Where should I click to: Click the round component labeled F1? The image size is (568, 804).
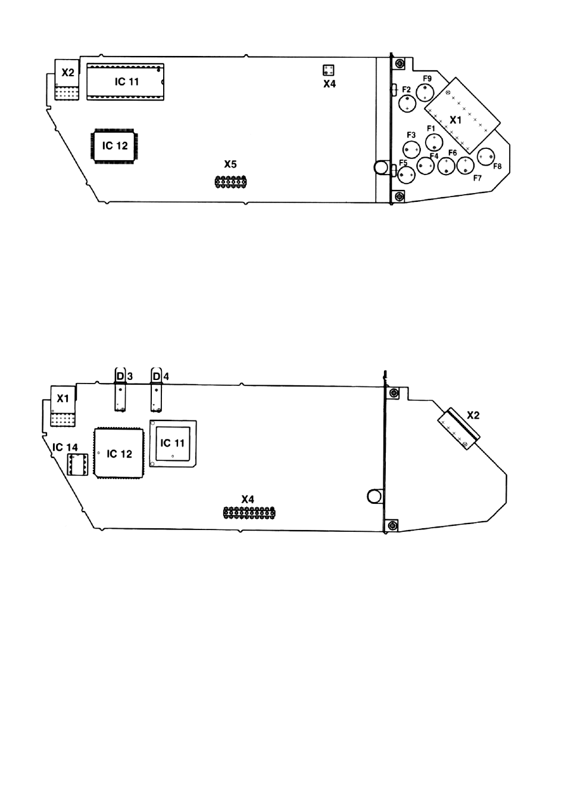[x=434, y=142]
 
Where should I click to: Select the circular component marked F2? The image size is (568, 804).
[x=407, y=104]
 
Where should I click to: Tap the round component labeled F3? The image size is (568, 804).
[x=412, y=149]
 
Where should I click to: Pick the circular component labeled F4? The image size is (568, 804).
[x=426, y=166]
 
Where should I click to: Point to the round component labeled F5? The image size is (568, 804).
[x=406, y=175]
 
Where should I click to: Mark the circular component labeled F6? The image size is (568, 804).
[x=447, y=166]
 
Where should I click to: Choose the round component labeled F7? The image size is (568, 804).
[x=466, y=166]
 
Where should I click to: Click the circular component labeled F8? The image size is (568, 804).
[x=486, y=157]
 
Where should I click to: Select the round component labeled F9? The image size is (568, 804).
[x=425, y=92]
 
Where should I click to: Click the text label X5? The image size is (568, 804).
[x=230, y=164]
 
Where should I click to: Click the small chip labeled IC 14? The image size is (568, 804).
[x=77, y=465]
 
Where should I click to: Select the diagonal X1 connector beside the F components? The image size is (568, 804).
[x=462, y=116]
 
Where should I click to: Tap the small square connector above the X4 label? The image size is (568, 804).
[x=328, y=70]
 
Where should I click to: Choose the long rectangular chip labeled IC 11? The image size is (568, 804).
[x=126, y=82]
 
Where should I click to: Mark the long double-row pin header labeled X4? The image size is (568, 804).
[x=249, y=513]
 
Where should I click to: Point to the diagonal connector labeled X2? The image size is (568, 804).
[x=458, y=429]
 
